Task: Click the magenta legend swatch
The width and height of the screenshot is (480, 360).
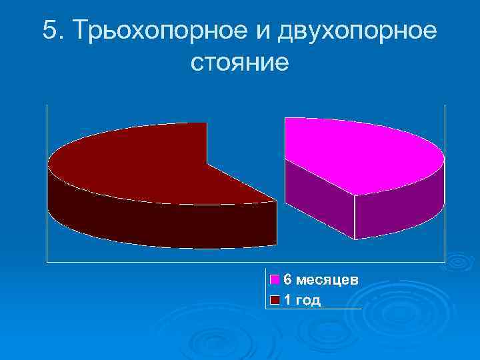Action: pyautogui.click(x=275, y=280)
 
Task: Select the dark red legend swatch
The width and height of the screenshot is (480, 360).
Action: pyautogui.click(x=275, y=301)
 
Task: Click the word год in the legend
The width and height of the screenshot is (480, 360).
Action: pyautogui.click(x=308, y=301)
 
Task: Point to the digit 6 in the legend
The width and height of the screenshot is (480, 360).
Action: pyautogui.click(x=287, y=279)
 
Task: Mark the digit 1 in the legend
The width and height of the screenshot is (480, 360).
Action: pyautogui.click(x=287, y=301)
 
